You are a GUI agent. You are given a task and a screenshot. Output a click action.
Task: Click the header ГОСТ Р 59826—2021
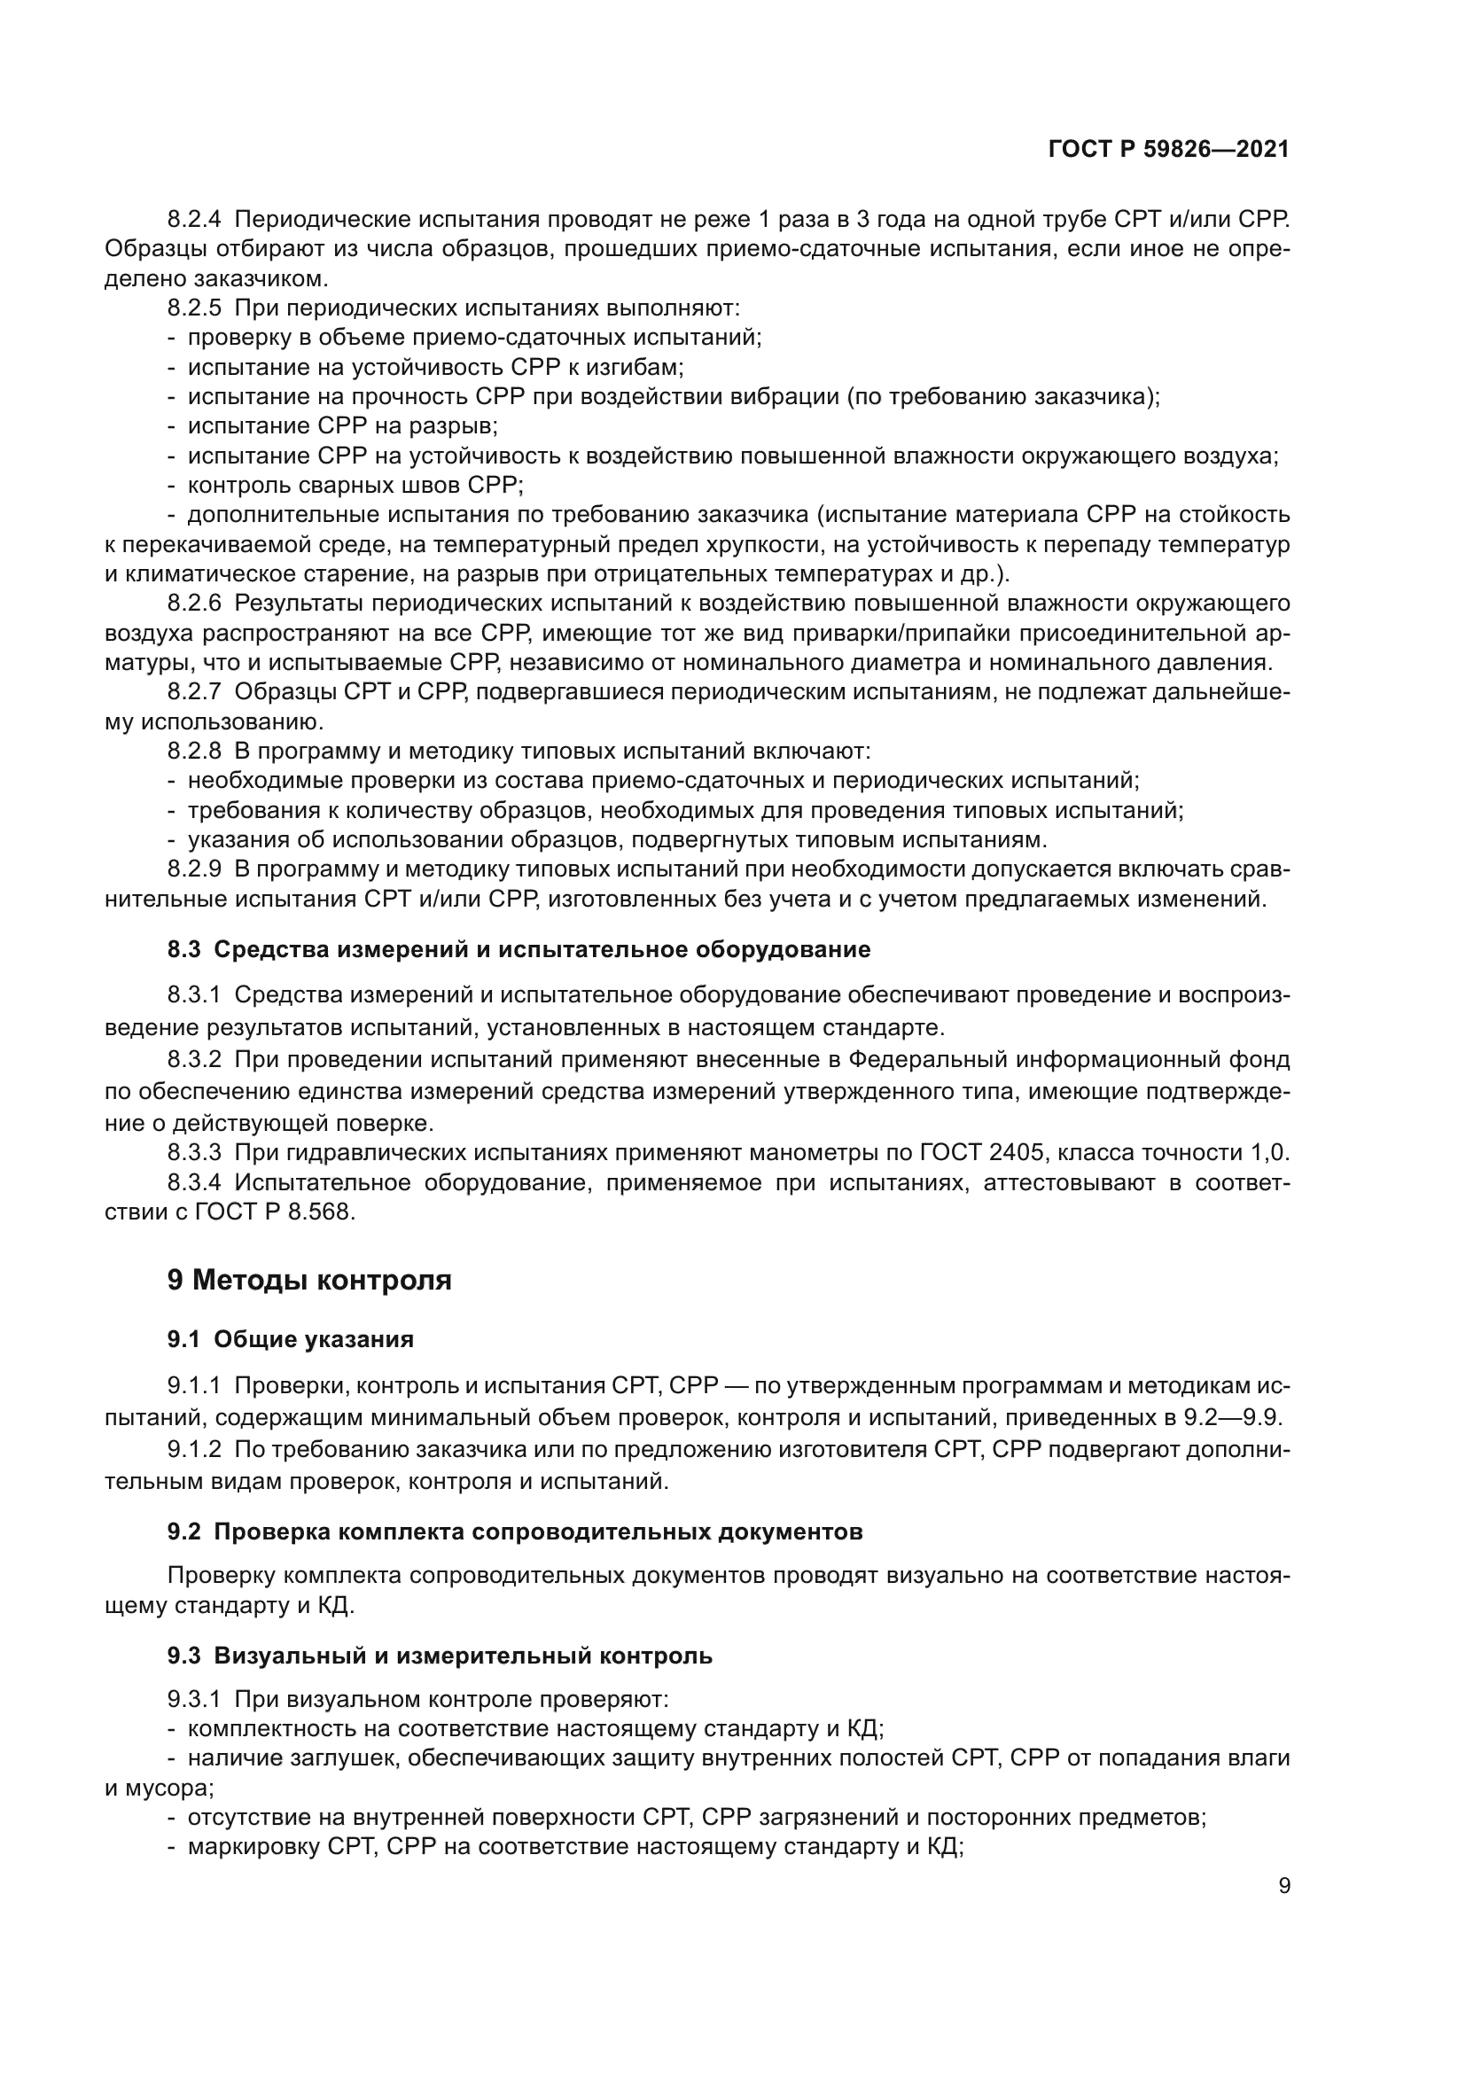(x=1168, y=150)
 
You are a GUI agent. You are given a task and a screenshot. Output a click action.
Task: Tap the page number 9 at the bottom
(x=1284, y=1886)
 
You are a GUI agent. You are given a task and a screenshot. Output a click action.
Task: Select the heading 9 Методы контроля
(x=308, y=1281)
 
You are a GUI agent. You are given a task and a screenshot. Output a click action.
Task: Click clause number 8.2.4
(x=194, y=221)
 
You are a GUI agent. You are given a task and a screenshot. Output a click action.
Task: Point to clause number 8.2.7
(x=194, y=692)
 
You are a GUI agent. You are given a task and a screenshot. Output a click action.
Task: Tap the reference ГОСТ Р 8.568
(x=274, y=1212)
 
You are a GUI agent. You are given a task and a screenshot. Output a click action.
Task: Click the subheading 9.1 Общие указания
(x=290, y=1340)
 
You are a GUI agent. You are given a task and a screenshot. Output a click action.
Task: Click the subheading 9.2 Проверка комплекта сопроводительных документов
(x=515, y=1532)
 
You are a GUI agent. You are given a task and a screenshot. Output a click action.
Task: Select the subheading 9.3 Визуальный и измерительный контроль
(x=440, y=1656)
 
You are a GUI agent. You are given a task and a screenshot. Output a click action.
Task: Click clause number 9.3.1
(x=194, y=1700)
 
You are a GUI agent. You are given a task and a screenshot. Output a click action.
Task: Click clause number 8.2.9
(x=194, y=869)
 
